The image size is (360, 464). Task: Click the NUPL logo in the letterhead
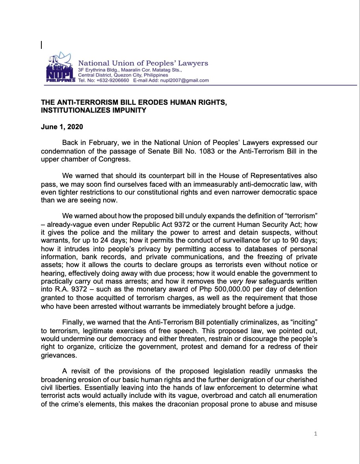(x=60, y=68)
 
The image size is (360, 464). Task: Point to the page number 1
(x=315, y=434)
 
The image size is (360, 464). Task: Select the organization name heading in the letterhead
(x=143, y=63)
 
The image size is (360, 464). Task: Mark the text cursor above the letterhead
(x=42, y=45)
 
